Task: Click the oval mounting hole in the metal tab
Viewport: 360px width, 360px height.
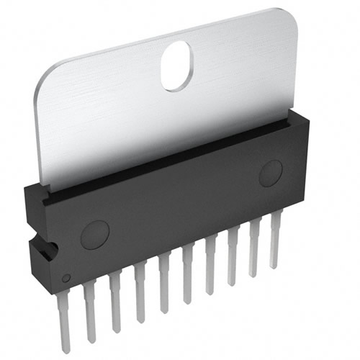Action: (x=176, y=66)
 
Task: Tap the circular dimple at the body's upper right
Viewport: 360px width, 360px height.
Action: (x=271, y=174)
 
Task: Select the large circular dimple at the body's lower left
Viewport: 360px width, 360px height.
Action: (x=95, y=235)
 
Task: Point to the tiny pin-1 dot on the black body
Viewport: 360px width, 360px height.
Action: (x=66, y=278)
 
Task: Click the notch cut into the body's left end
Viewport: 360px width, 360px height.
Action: (x=46, y=250)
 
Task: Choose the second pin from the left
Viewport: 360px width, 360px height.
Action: (x=90, y=306)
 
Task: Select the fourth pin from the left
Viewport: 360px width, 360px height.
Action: (x=139, y=288)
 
